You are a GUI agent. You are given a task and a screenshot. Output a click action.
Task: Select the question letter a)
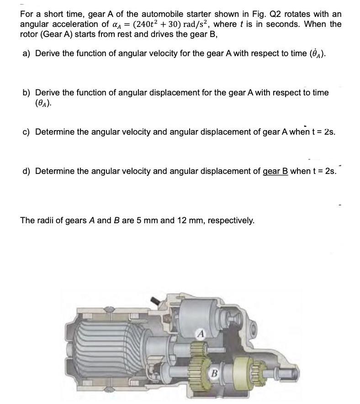click(26, 53)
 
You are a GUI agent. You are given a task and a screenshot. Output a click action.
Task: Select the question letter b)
click(26, 93)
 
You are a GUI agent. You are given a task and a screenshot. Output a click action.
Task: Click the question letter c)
click(26, 132)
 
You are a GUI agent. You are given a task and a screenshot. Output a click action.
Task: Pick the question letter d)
click(26, 171)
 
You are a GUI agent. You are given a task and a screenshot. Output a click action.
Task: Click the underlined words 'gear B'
click(275, 171)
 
